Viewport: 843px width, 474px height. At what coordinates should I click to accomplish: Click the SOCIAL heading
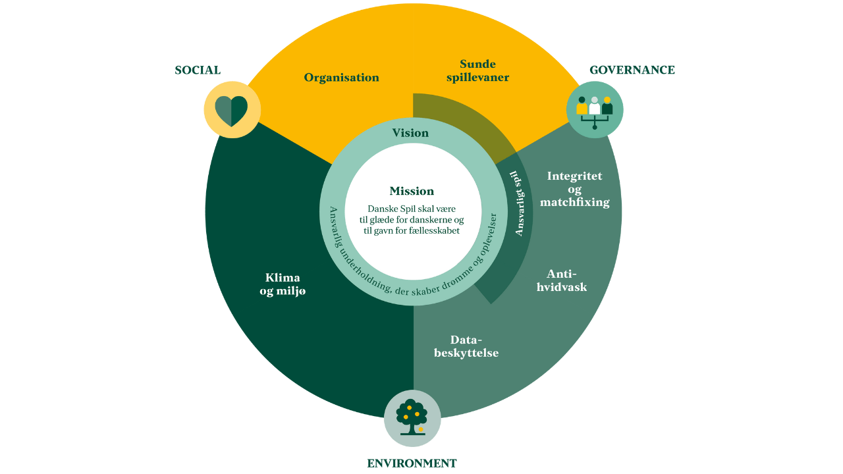coord(198,70)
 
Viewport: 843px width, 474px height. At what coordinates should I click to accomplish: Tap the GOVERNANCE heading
coord(632,70)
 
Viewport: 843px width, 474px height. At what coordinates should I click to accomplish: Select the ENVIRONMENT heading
coord(412,463)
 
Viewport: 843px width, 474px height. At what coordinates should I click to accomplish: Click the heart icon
coord(231,110)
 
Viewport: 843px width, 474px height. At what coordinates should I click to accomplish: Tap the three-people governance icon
coord(595,109)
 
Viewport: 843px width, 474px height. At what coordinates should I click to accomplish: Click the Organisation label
coord(341,78)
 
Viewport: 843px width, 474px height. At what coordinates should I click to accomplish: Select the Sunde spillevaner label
coord(478,71)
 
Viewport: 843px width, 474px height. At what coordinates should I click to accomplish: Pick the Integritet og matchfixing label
coord(574,189)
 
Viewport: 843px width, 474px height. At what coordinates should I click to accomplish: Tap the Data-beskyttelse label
coord(466,346)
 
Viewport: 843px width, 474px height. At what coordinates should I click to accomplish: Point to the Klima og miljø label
coord(283,284)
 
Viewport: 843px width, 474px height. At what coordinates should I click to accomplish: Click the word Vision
coord(410,133)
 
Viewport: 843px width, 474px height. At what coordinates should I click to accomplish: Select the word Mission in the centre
coord(412,191)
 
